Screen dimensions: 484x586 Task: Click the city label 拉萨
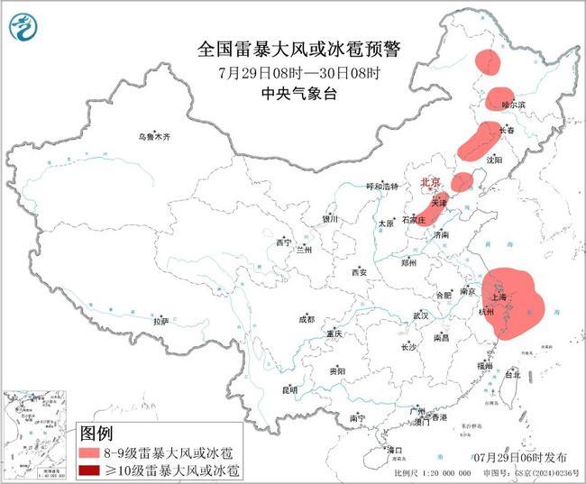coord(160,321)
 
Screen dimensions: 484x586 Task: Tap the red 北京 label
coord(430,184)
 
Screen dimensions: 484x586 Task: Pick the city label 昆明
coord(288,389)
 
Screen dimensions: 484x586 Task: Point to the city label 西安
coord(360,271)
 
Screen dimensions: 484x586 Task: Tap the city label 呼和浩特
coord(380,186)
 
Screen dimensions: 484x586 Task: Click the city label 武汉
coord(420,315)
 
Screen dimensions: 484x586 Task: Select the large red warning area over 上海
coord(514,302)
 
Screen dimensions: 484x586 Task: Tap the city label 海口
coord(393,448)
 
